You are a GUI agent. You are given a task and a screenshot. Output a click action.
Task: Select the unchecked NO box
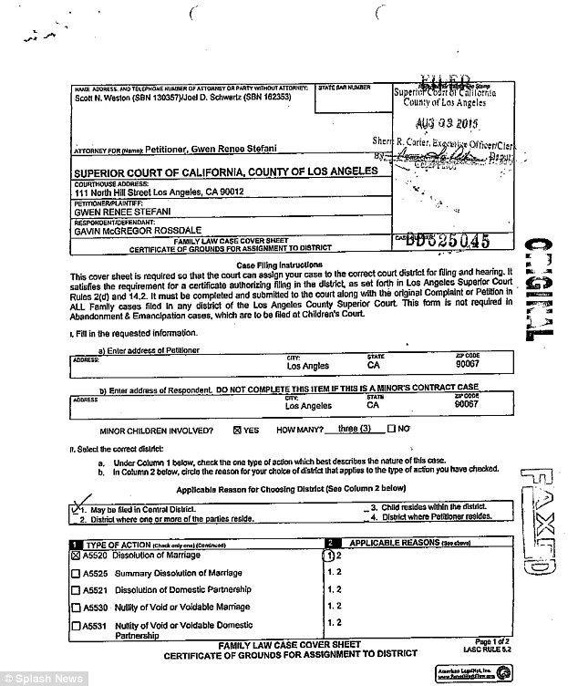coord(391,428)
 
